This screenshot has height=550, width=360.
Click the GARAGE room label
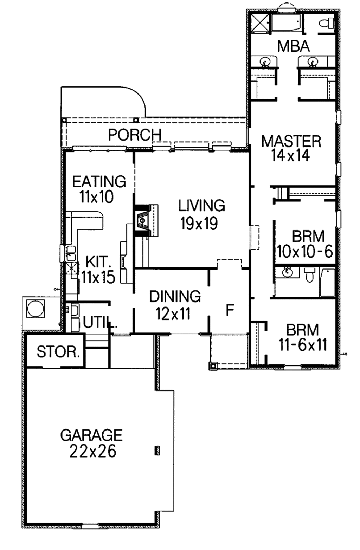pyautogui.click(x=91, y=435)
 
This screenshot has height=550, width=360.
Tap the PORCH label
pyautogui.click(x=135, y=135)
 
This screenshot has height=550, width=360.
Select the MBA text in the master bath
pyautogui.click(x=293, y=46)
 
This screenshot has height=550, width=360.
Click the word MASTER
pyautogui.click(x=291, y=141)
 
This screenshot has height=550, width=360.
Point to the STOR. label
pyautogui.click(x=58, y=352)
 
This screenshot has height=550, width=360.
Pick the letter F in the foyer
pyautogui.click(x=230, y=310)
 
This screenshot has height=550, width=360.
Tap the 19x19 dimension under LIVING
pyautogui.click(x=199, y=224)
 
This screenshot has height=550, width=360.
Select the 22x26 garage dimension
pyautogui.click(x=92, y=452)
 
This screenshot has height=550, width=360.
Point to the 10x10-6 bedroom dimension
pyautogui.click(x=304, y=252)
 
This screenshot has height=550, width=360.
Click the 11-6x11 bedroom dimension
pyautogui.click(x=303, y=345)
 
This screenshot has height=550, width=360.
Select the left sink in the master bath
pyautogui.click(x=265, y=62)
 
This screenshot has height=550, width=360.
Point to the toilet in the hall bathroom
pyautogui.click(x=309, y=274)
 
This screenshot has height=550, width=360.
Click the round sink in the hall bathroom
pyautogui.click(x=288, y=272)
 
